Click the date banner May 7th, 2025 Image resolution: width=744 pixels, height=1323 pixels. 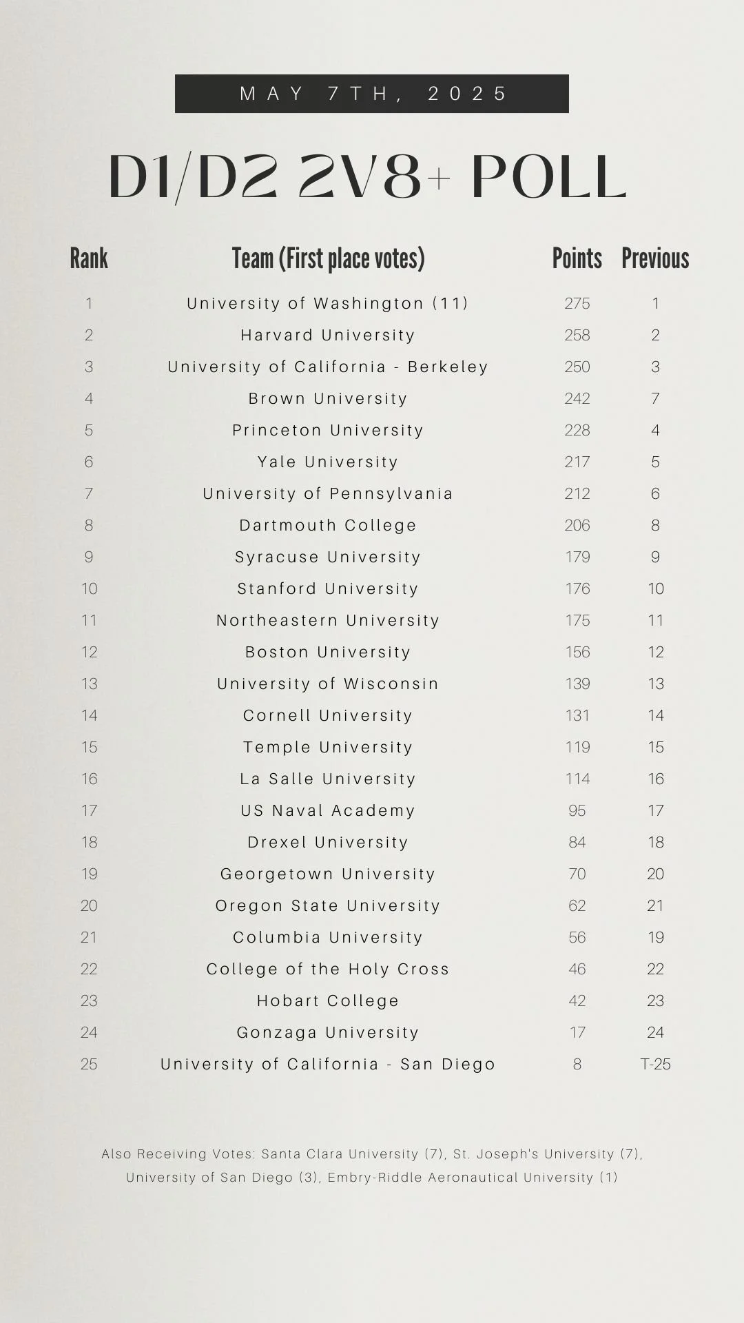click(x=372, y=94)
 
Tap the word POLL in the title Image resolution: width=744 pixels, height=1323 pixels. click(x=548, y=177)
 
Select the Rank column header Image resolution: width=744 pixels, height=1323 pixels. click(x=89, y=259)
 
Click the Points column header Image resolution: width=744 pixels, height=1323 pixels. click(x=577, y=259)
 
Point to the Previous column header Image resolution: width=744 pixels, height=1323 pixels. click(x=655, y=259)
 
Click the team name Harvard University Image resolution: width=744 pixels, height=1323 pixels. click(x=328, y=335)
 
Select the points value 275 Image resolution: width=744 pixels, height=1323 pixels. click(x=577, y=303)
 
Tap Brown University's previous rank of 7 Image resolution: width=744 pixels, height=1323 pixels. click(x=655, y=398)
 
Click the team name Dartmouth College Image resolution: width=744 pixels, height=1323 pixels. click(x=328, y=525)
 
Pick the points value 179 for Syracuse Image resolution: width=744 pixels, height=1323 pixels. click(x=577, y=557)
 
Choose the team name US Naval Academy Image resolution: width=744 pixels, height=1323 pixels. click(x=328, y=810)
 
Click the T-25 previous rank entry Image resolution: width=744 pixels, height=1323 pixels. click(x=655, y=1064)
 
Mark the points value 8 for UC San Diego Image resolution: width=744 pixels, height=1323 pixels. click(x=577, y=1064)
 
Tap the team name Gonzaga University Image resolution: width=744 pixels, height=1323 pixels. click(x=328, y=1032)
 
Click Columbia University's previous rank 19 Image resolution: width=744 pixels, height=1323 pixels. click(x=655, y=937)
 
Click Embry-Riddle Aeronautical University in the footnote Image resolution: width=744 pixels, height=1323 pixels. click(x=460, y=1178)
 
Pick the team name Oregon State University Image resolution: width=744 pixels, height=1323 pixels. click(x=328, y=905)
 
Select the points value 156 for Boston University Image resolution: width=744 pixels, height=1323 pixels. click(x=577, y=652)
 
